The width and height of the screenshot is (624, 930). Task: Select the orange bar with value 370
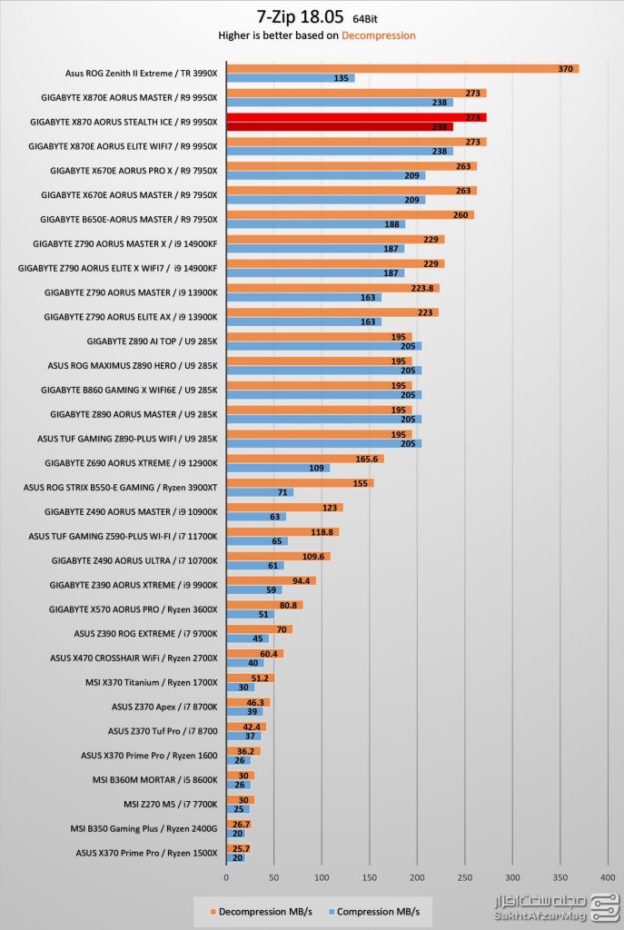(x=402, y=68)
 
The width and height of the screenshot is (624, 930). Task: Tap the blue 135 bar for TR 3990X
(x=290, y=79)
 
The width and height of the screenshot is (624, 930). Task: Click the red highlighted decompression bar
(x=356, y=117)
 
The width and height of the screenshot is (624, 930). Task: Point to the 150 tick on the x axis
(x=370, y=877)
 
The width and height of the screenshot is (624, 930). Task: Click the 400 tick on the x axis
(x=609, y=877)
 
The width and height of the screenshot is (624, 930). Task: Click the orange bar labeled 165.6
(x=304, y=459)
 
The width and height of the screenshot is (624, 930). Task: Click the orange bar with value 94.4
(x=271, y=580)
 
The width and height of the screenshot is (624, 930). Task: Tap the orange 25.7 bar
(x=238, y=848)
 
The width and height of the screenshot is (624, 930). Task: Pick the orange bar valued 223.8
(x=332, y=288)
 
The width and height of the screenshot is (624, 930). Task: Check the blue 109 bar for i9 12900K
(x=278, y=469)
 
